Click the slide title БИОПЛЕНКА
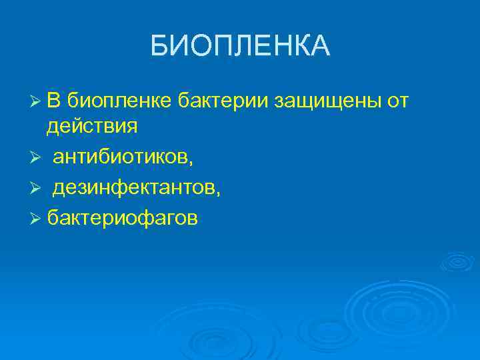coord(240,46)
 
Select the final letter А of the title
coord(321,46)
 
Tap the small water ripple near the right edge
coord(455,261)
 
